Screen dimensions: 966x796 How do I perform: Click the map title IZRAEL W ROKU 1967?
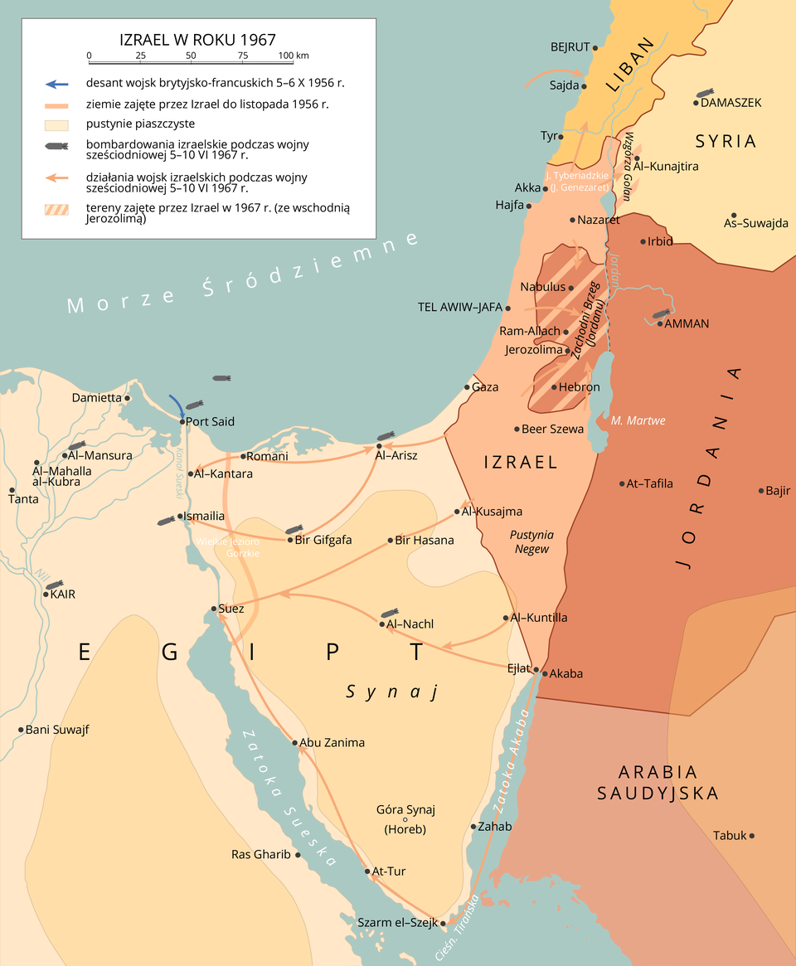pos(197,39)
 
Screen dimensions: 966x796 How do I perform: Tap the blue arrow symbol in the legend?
pos(57,84)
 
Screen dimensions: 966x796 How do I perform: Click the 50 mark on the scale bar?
pos(192,56)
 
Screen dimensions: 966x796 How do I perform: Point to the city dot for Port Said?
pos(182,421)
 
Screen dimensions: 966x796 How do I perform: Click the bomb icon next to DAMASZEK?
pos(705,92)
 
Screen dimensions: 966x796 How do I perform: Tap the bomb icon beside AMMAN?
pos(661,314)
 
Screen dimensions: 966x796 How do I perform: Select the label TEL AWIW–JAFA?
pos(460,307)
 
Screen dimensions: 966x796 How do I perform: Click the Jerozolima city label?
pos(533,350)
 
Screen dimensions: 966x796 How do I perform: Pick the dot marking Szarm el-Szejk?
pos(443,923)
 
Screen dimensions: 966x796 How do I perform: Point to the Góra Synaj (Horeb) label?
pos(405,818)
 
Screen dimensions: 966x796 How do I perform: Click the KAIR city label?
pos(63,595)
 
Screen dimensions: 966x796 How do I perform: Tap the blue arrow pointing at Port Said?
pos(177,405)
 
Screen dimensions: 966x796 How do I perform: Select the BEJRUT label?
pos(570,46)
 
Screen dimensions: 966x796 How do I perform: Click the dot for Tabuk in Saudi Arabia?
pos(752,835)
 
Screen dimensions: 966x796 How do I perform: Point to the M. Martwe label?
pos(638,420)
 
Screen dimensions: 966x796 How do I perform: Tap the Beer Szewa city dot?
pos(516,430)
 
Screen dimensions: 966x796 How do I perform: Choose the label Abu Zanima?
pos(332,743)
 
